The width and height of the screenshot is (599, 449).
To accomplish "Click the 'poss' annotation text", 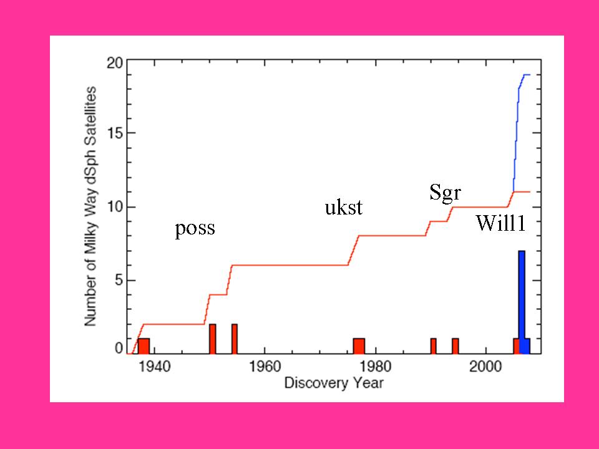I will pos(195,229).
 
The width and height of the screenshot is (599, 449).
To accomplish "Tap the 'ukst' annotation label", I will pos(343,208).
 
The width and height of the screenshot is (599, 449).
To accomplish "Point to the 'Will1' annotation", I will pos(500,223).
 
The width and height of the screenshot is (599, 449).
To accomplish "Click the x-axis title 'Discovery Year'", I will pos(334,382).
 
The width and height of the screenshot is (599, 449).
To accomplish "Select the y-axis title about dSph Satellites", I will pos(91,206).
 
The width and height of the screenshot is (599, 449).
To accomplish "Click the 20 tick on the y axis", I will pos(114,64).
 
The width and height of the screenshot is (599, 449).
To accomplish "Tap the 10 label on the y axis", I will pos(114,207).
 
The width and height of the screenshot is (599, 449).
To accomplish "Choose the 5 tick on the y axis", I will pos(118,281).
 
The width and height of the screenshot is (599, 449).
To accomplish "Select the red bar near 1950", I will pos(212,339).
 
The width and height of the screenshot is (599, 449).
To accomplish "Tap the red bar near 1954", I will pos(235,339).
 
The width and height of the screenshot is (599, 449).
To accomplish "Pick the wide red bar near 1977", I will pos(359,345).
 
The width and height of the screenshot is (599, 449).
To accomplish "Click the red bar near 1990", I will pos(433,345).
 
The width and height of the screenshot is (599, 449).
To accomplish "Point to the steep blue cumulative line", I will pos(517,137).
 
